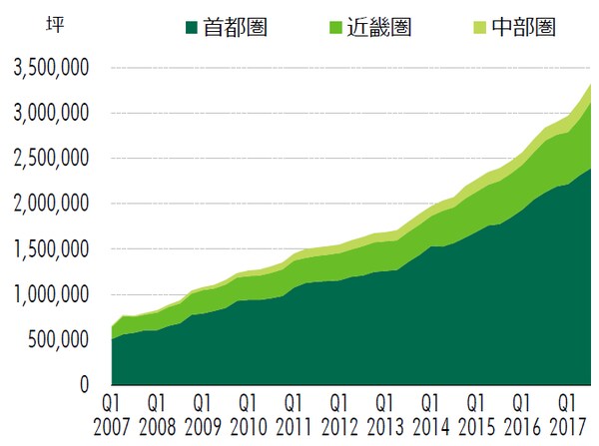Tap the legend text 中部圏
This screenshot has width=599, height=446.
521,24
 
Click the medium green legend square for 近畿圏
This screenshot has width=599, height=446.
320,24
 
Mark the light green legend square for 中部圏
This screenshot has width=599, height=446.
478,24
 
